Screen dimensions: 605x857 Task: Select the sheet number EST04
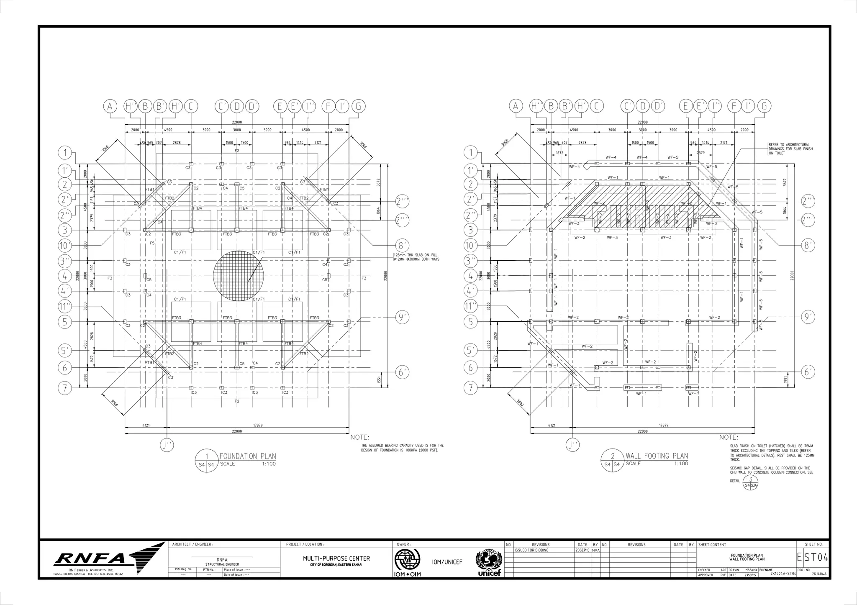(813, 559)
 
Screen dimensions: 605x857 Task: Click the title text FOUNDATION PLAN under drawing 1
(248, 456)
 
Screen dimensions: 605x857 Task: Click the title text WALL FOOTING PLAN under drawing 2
(657, 456)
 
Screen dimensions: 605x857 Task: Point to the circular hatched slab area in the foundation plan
(238, 276)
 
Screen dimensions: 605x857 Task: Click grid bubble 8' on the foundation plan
(403, 246)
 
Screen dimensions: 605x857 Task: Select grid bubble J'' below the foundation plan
(167, 445)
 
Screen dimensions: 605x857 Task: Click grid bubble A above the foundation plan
(110, 107)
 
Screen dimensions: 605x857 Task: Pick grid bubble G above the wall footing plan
(765, 107)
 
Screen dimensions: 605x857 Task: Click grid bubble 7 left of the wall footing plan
(471, 388)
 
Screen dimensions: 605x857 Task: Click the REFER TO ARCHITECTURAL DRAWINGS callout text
(790, 149)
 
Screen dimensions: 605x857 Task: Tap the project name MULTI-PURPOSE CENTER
(336, 558)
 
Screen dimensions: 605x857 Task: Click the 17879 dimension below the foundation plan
(258, 425)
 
